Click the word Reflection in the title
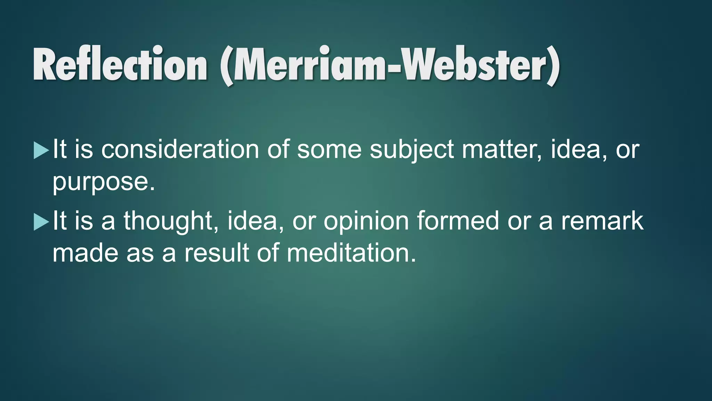coord(120,64)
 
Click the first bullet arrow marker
coord(41,151)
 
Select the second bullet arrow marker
coord(41,222)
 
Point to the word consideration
coord(180,150)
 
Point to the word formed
coord(458,221)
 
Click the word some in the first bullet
coord(329,150)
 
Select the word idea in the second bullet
coord(255,221)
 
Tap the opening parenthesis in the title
coord(227,66)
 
